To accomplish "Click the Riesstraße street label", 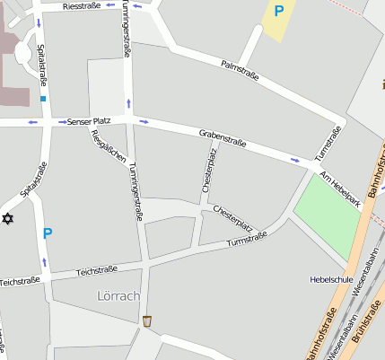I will click(82, 6).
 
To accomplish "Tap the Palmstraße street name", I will click(240, 70).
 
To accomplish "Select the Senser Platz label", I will click(87, 121).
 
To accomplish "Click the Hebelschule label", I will click(330, 279).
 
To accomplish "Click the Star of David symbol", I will click(8, 218).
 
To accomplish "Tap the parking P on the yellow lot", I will click(278, 12).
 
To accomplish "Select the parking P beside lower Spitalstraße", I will click(47, 233).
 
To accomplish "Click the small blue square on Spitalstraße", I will click(42, 99).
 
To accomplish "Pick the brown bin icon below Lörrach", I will click(147, 320).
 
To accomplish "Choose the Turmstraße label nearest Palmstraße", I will click(329, 143).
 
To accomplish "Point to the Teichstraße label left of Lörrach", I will click(20, 281).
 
